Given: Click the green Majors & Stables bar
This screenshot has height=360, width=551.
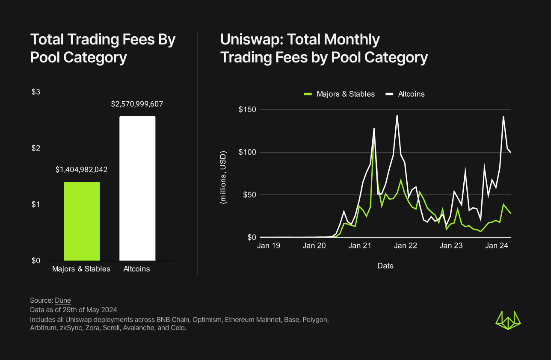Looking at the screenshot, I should [82, 221].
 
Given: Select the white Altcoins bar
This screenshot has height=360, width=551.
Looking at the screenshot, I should [137, 188].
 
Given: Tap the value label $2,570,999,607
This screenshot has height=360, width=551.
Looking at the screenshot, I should [137, 104].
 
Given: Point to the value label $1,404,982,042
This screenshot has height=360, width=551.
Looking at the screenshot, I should [81, 170].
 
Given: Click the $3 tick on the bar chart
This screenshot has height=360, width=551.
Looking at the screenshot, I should [36, 92].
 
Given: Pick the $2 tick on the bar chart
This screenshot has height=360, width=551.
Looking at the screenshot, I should [36, 148].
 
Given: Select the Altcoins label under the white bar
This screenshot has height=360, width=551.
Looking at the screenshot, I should [137, 269].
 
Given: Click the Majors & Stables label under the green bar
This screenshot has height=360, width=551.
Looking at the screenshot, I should [81, 269].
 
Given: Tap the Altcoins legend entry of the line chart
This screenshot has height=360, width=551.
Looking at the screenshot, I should [405, 94].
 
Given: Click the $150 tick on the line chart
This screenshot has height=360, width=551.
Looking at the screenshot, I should [247, 110].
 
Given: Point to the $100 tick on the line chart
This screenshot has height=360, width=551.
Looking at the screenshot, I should [247, 153].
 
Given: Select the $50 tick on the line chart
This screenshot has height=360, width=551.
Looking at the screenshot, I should [249, 195].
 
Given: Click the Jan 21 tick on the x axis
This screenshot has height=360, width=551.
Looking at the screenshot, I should [360, 246].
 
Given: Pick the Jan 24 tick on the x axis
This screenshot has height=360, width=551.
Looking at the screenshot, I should [498, 246].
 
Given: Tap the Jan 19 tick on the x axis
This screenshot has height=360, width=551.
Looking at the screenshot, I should [269, 246].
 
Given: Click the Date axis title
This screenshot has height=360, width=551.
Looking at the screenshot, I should [385, 266].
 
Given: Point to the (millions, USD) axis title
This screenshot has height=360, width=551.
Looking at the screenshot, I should [223, 177].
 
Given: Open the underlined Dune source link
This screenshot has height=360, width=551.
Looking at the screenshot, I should [63, 300].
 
